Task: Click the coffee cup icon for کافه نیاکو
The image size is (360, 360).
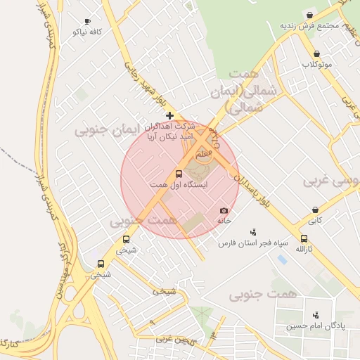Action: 87,22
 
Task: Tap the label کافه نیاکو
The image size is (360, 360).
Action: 87,32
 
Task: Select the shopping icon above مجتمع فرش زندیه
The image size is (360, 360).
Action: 310,15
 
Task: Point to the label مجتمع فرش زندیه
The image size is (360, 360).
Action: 310,25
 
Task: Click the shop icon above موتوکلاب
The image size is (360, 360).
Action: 316,53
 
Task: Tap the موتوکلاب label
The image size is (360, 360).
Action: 317,64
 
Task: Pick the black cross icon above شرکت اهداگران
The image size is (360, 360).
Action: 169,115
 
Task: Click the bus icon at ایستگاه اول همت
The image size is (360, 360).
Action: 178,174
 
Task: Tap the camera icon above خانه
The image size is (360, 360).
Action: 224,210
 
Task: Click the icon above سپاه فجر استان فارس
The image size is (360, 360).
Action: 254,232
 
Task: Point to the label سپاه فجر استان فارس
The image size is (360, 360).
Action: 254,243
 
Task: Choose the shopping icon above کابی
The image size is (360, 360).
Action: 315,210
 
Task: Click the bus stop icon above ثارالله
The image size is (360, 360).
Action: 304,238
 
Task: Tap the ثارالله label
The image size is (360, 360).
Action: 304,249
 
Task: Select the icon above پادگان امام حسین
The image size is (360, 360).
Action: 316,315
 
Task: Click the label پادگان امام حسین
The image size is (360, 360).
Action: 316,326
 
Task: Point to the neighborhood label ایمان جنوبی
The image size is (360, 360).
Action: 103,129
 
